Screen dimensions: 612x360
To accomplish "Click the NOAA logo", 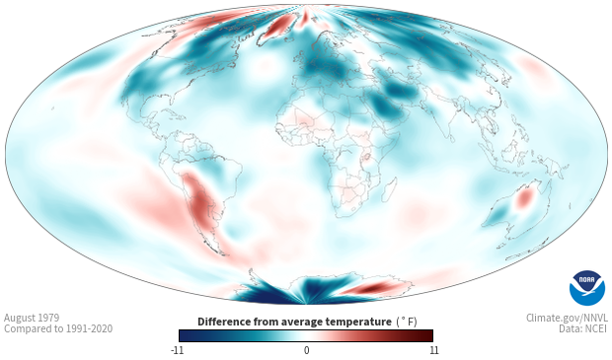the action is [587, 288].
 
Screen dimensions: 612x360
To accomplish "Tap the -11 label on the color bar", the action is [177, 350].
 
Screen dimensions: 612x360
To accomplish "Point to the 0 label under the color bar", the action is [306, 350].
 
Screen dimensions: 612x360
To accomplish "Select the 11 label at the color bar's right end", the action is [433, 350].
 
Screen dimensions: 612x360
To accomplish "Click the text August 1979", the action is [32, 318].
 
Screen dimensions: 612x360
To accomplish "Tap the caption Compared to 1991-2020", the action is [58, 328].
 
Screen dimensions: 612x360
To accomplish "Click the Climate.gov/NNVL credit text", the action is [567, 318].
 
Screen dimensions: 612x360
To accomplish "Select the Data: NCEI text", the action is [583, 328].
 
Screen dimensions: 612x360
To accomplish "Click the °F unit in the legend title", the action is [407, 323].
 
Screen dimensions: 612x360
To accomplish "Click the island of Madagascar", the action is [390, 189].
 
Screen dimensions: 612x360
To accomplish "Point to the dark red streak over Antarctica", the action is [370, 288].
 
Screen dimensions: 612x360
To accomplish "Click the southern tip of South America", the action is [222, 254].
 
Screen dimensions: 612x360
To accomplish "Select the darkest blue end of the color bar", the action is [182, 335].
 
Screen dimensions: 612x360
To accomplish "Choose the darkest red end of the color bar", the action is [430, 335].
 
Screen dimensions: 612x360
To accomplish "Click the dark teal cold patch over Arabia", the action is [384, 107].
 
